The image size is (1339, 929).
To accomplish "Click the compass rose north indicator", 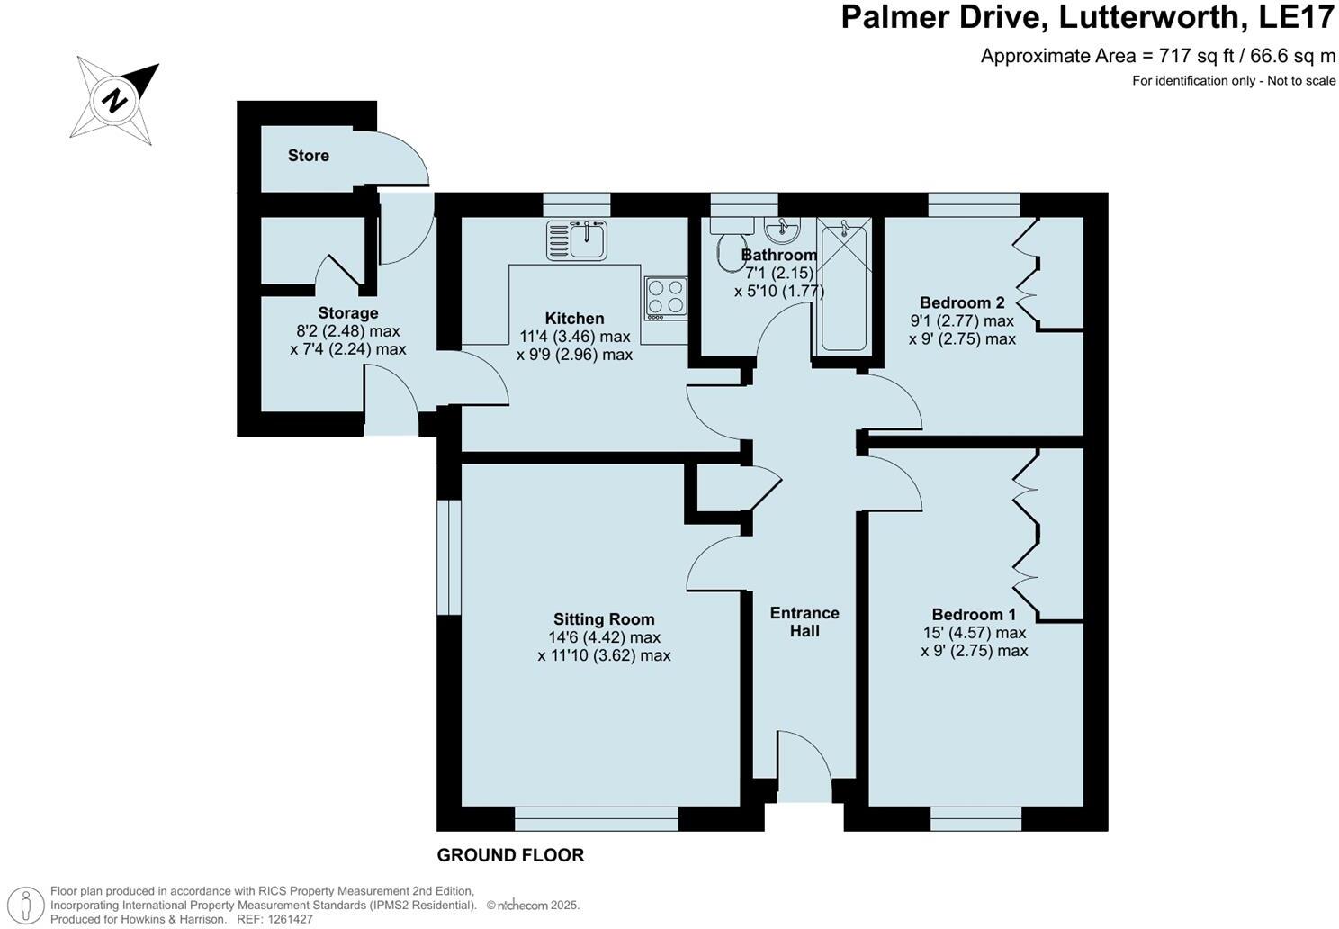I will point(115,100).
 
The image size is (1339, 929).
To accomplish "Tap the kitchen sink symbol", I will point(578,239).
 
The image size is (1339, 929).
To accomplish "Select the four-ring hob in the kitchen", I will point(666,297).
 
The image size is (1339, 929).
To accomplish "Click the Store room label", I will point(308,156).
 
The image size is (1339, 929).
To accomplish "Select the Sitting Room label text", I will point(604,619).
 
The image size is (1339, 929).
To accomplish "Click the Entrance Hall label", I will point(804,622).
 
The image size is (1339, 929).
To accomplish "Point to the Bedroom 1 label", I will point(974,615).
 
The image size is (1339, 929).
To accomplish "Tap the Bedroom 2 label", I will point(962,302).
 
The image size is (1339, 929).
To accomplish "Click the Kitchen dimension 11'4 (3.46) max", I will point(574,337).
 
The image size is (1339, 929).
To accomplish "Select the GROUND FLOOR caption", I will point(510,855).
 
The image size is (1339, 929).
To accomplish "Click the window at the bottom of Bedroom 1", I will point(975,818).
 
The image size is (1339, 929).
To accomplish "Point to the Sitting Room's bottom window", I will point(596,818).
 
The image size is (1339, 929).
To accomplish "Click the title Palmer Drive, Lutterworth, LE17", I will point(1087,18).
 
